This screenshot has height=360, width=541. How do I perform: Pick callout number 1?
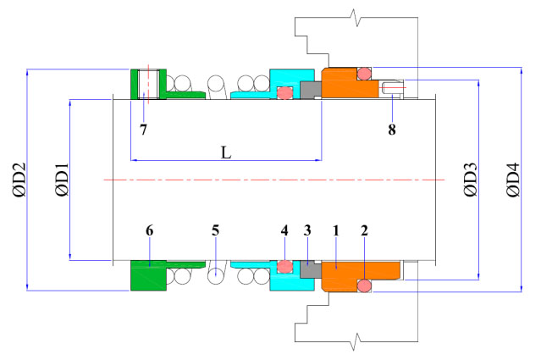(x=336, y=230)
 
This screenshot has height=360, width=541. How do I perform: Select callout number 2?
(x=364, y=230)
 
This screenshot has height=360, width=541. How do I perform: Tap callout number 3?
(x=308, y=230)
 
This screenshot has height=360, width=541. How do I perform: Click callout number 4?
(x=284, y=230)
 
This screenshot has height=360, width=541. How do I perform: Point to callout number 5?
(x=215, y=230)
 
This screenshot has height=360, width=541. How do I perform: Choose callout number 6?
(x=149, y=230)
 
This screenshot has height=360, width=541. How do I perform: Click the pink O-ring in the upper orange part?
(x=364, y=74)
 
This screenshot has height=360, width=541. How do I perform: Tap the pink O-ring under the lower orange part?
(x=364, y=287)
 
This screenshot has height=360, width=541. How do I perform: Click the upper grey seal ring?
(x=311, y=89)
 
